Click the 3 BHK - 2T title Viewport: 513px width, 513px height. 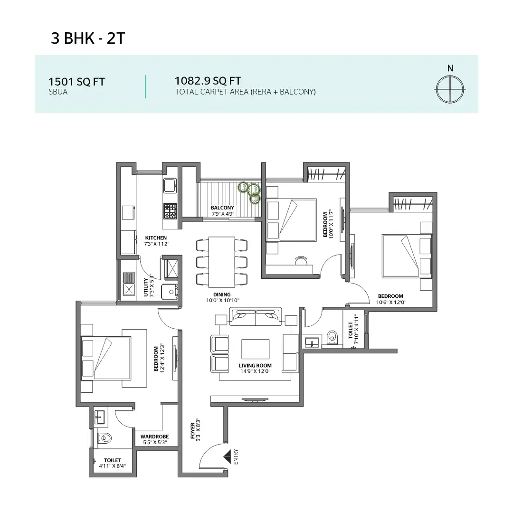[88, 38]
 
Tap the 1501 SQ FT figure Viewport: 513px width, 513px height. [76, 82]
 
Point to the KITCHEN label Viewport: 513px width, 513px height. [156, 237]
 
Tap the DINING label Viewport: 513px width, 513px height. [222, 294]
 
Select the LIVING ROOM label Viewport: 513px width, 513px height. [255, 365]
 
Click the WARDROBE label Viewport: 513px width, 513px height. [154, 437]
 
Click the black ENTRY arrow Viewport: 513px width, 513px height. [227, 456]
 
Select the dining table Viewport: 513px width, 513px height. [222, 261]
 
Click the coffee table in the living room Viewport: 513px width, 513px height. [256, 349]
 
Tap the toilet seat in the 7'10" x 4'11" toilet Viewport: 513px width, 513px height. [332, 336]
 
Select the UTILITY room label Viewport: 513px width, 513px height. [146, 287]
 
